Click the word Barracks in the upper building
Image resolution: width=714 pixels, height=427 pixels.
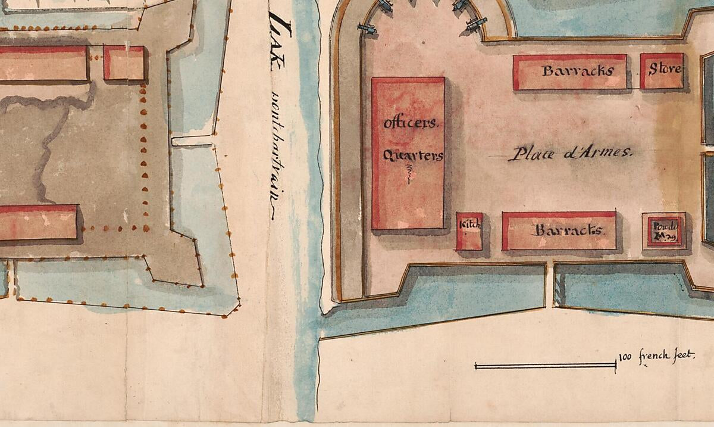(x=569, y=71)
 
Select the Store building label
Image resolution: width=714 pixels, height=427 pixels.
(x=665, y=69)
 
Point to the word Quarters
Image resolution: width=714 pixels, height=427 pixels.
(x=413, y=155)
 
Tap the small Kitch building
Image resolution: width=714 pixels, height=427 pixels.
(x=469, y=231)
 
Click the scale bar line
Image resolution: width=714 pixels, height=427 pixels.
(x=544, y=365)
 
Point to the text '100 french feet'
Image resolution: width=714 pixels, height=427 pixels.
(x=656, y=356)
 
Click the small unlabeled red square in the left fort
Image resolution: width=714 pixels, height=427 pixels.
(x=124, y=63)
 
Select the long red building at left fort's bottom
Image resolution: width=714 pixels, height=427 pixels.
(x=38, y=223)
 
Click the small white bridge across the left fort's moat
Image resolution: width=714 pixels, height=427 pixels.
(x=192, y=141)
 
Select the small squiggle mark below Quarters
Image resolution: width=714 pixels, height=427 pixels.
(x=409, y=173)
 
